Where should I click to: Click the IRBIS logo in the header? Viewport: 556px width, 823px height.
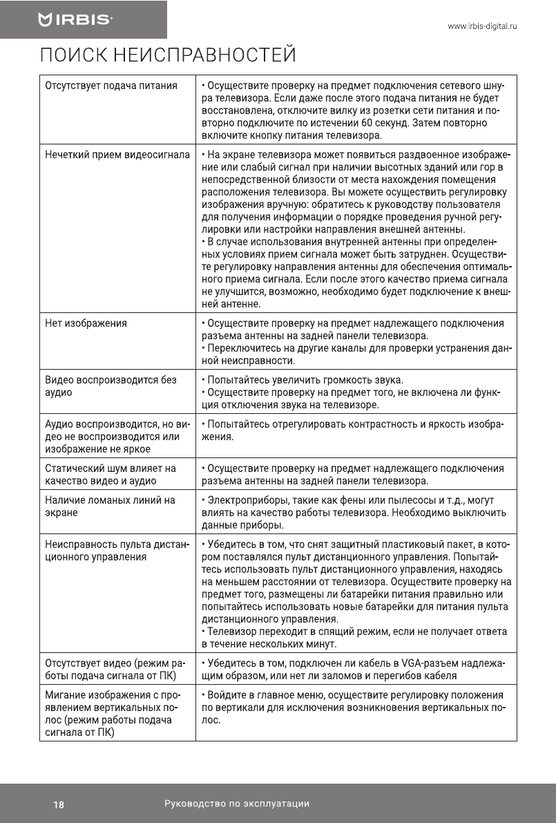(x=75, y=20)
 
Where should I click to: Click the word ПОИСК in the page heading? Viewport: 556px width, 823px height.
(x=73, y=55)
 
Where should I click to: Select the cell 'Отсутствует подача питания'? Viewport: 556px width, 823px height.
(x=111, y=86)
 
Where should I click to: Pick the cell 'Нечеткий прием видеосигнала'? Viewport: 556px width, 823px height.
(x=117, y=154)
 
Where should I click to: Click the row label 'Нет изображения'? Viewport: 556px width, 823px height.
(x=86, y=323)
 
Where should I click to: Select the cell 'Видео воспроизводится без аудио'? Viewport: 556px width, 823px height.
(x=111, y=386)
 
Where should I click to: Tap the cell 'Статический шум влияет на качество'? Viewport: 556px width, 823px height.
(x=111, y=474)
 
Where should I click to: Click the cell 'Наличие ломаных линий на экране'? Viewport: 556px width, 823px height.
(x=110, y=506)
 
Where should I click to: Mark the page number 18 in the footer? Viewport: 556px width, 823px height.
(x=59, y=804)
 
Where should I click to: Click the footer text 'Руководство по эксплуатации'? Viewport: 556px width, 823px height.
(x=237, y=804)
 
